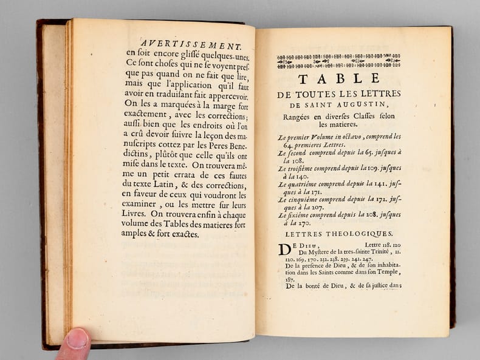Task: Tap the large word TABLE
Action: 338,78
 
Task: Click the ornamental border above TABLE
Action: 338,61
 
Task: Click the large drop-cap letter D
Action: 284,249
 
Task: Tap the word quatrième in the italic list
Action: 306,183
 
